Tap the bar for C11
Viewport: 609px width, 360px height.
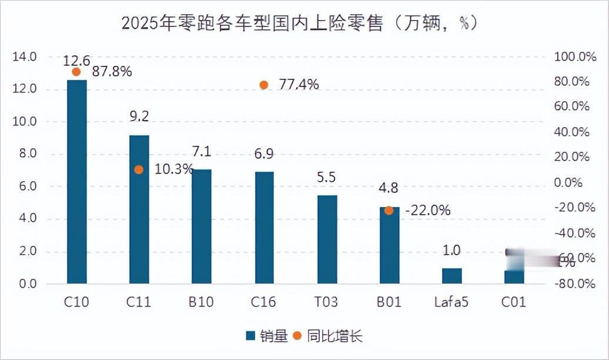click(139, 209)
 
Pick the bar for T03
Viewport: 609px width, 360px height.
click(327, 239)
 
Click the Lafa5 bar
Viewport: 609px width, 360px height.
click(451, 276)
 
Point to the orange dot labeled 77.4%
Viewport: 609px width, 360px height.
click(264, 85)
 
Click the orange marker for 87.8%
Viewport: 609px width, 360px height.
click(76, 72)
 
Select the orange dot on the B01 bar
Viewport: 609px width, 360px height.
click(389, 210)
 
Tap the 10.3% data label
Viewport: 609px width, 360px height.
click(173, 169)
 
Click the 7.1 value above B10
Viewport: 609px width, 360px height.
click(202, 151)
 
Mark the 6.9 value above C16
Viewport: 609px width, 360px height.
click(264, 154)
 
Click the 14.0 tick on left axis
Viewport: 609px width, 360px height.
click(25, 57)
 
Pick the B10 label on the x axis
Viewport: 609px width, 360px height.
click(201, 302)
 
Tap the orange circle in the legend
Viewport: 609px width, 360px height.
click(297, 336)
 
